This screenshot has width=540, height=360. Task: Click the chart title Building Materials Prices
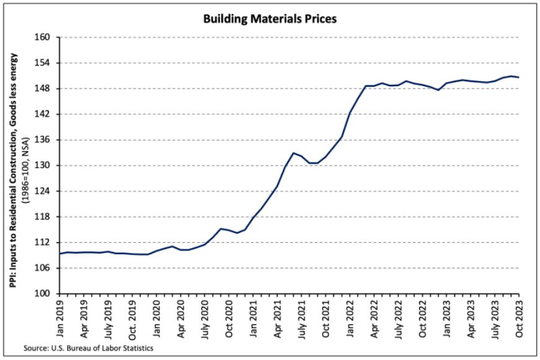[269, 19]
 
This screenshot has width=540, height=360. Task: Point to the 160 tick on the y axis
[46, 38]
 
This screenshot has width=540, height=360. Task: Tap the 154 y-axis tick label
[46, 63]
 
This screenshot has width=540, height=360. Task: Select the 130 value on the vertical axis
[46, 165]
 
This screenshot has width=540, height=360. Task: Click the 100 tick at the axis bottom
[46, 294]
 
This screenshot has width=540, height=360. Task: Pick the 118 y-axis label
[46, 217]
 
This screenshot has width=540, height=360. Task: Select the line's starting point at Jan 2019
[60, 253]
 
